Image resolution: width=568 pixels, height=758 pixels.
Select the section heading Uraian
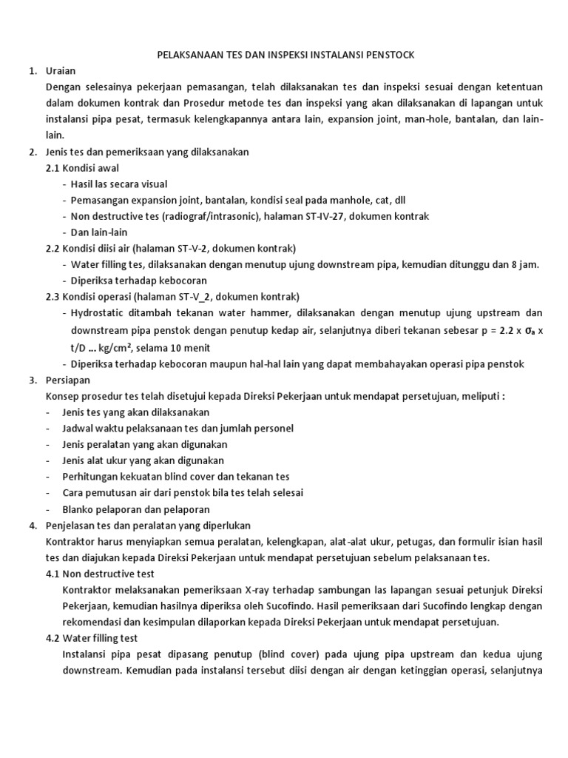[x=62, y=71]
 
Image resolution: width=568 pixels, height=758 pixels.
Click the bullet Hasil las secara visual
[x=119, y=184]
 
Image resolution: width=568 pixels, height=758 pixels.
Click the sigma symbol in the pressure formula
[x=527, y=329]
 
